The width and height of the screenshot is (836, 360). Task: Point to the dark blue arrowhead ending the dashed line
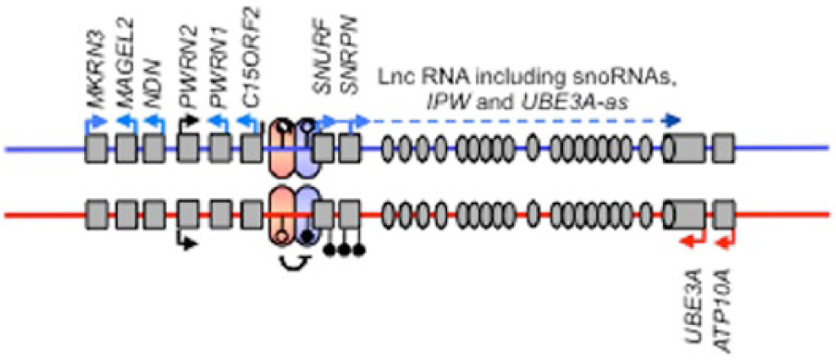674,120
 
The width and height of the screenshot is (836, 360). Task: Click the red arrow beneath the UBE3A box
693,239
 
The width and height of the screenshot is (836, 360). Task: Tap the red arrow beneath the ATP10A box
725,239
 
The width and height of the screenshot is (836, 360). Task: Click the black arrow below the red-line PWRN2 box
187,239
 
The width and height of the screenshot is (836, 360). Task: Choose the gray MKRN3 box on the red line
96,215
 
